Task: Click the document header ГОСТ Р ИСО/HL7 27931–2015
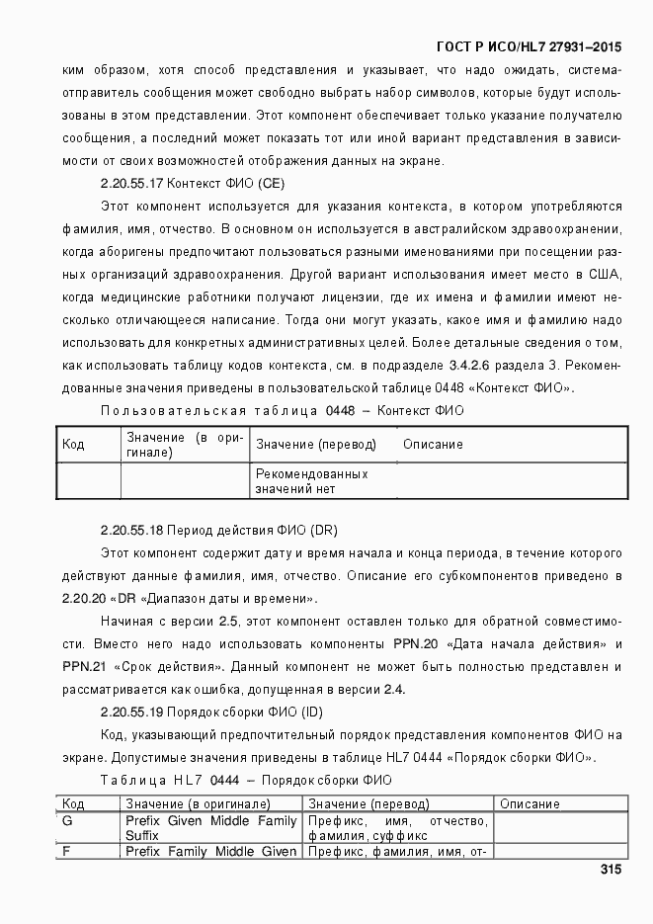point(529,45)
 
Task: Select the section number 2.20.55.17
point(132,184)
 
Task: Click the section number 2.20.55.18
point(132,530)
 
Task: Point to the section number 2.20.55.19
point(132,713)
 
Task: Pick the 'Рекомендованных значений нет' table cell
point(311,481)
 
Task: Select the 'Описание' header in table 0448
point(433,445)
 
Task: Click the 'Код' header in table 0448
point(73,445)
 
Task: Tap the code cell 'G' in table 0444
point(67,821)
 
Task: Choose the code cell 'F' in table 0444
point(66,851)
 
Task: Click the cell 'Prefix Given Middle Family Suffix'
point(210,828)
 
